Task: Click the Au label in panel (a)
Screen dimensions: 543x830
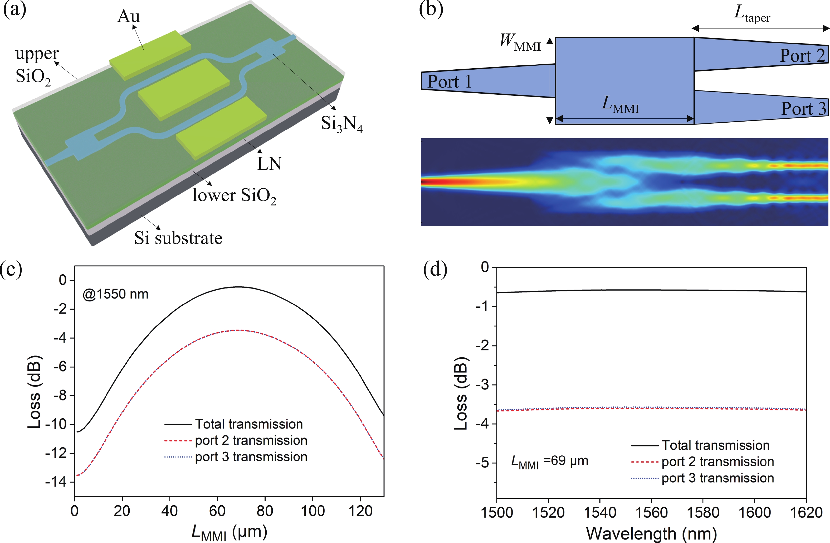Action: [128, 16]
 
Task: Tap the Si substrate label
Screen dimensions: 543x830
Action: [178, 238]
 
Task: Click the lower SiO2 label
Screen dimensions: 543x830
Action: [234, 195]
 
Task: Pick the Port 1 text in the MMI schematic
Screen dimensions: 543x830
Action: [449, 82]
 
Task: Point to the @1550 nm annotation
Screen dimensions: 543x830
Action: [115, 294]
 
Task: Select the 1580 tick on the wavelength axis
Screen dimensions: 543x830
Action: [703, 512]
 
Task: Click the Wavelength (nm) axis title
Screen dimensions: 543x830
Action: [651, 533]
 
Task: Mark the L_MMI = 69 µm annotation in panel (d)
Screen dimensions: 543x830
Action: [550, 461]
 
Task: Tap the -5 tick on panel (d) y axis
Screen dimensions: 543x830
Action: [483, 463]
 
